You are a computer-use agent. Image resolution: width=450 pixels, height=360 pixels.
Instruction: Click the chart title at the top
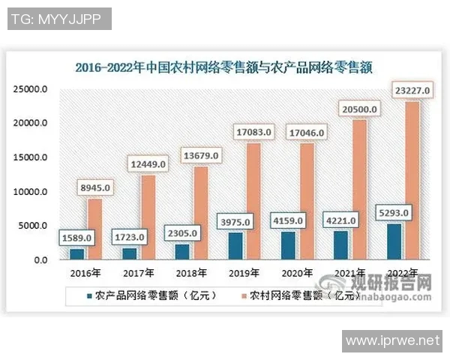point(224,66)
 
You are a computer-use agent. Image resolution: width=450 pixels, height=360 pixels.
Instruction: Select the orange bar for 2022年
point(412,180)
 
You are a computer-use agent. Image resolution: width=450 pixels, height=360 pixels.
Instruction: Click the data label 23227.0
point(412,91)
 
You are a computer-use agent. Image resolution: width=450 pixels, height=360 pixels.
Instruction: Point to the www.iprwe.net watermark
point(395,340)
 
